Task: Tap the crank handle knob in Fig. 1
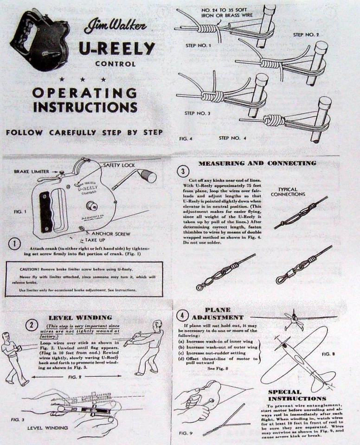(x=149, y=176)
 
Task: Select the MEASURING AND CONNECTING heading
(x=257, y=163)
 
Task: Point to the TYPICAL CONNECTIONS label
(x=294, y=191)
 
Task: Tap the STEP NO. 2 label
(x=306, y=35)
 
